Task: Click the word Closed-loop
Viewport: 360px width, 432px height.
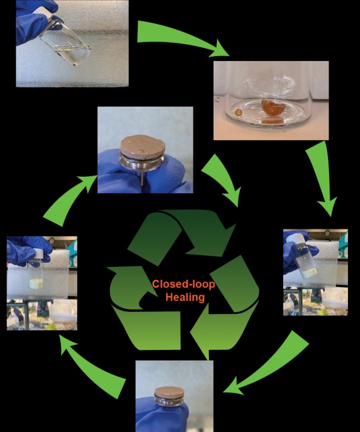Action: pos(183,284)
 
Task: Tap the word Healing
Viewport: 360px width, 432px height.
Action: pos(185,296)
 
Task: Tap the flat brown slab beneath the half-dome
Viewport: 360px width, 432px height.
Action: pos(272,121)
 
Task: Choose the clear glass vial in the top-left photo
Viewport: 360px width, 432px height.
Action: pos(70,38)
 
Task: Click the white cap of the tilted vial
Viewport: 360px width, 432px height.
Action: pos(300,235)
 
